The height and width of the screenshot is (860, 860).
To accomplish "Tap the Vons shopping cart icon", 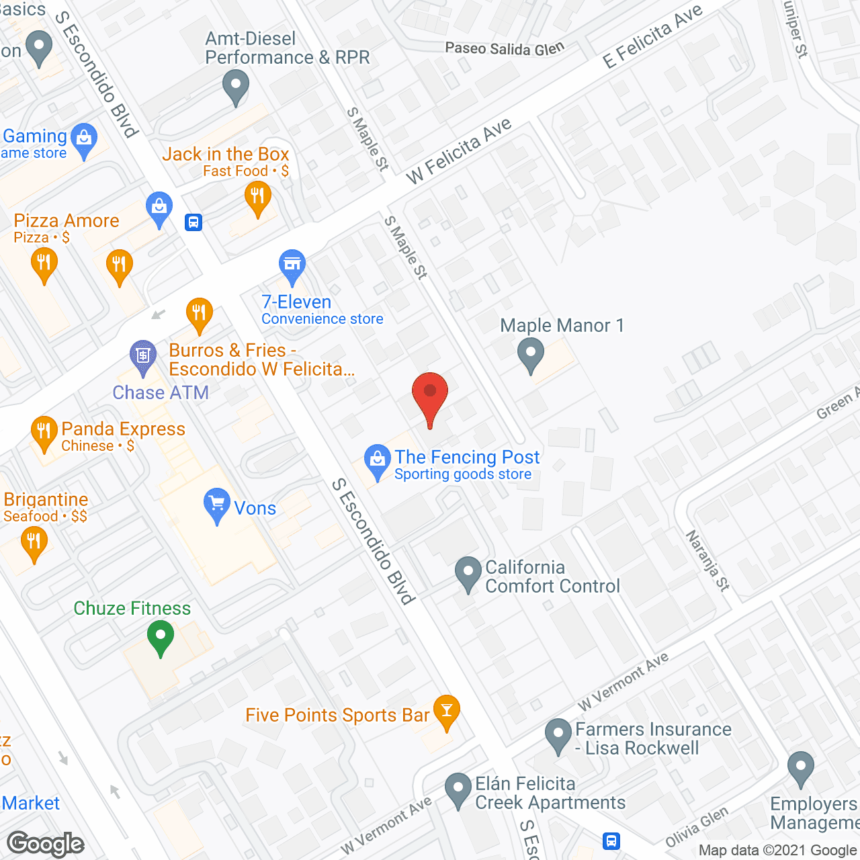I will pos(216,504).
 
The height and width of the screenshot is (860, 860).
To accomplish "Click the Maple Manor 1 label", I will pos(562,326).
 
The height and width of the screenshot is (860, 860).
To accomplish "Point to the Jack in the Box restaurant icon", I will pos(257,198).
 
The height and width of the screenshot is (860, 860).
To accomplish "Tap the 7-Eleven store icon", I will pos(292,265).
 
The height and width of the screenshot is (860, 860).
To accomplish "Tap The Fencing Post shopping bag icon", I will pos(378,460).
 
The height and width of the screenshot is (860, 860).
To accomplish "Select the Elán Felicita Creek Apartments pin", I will pos(458,789).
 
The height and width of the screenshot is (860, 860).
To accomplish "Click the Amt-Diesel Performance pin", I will pos(235,87).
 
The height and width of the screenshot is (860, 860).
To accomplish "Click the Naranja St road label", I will pos(707,560).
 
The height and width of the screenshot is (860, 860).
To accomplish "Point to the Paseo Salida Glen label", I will pos(505,48).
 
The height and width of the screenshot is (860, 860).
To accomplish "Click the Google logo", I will pos(46,844).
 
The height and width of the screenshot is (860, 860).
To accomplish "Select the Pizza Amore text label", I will pos(67,220).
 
